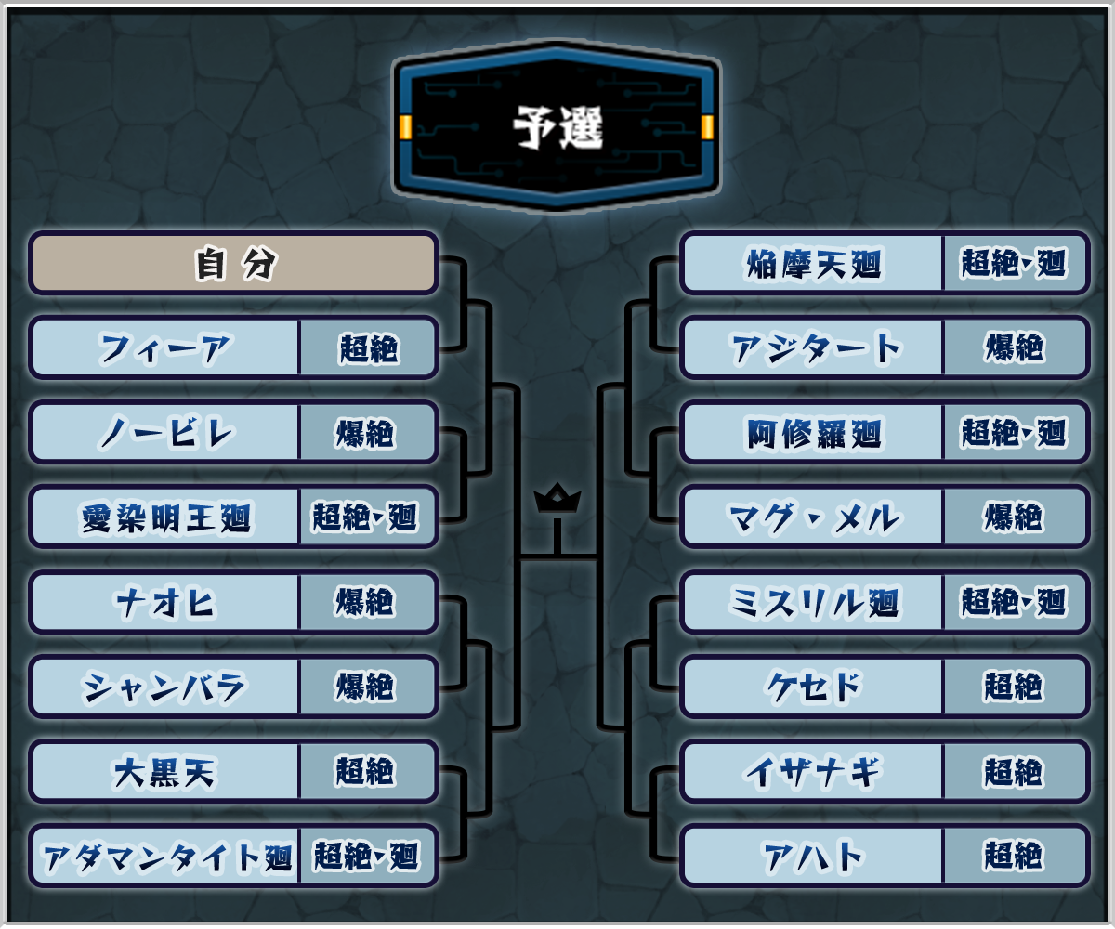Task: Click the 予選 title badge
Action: pos(557,127)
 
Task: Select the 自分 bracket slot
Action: pos(234,264)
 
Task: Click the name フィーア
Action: pos(164,348)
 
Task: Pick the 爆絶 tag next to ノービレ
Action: pos(366,433)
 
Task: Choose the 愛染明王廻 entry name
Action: pos(164,517)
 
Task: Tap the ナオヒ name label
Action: pos(164,602)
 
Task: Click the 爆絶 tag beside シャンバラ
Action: pos(366,687)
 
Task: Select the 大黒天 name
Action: pos(164,771)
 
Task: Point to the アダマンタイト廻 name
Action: pos(164,856)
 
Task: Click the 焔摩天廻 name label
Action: pos(813,264)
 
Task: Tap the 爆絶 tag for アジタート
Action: pos(1015,348)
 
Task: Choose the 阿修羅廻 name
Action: pos(813,433)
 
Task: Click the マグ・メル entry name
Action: pos(813,517)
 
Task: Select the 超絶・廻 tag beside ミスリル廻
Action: pos(1015,602)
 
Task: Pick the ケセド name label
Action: pos(813,687)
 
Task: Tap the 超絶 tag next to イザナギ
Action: pos(1015,771)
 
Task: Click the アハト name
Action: pos(813,856)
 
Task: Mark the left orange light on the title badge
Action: pos(406,127)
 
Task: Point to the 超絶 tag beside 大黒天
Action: pos(366,771)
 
